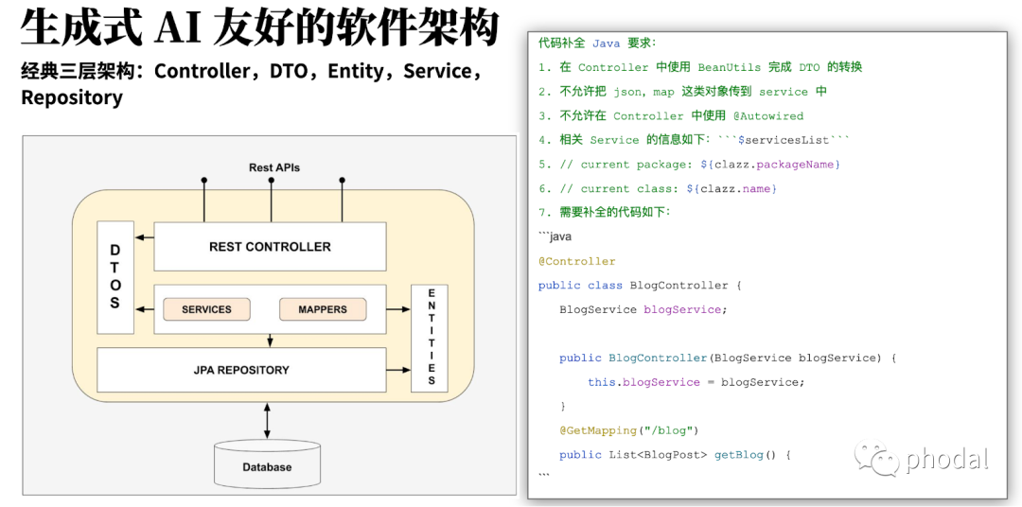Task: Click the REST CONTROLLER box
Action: point(270,247)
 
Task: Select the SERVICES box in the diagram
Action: point(206,309)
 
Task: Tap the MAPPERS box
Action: point(323,309)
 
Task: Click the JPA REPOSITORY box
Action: point(241,370)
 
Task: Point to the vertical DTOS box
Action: point(115,276)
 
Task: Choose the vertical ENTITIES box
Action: point(431,337)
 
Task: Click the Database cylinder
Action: point(267,464)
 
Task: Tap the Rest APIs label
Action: point(274,167)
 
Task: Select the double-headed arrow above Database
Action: point(267,417)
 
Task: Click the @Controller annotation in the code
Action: point(577,261)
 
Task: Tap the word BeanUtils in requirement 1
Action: point(729,67)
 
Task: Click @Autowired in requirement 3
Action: point(768,115)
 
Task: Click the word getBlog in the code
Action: point(738,455)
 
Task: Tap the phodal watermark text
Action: point(946,461)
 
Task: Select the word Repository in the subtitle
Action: point(72,97)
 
